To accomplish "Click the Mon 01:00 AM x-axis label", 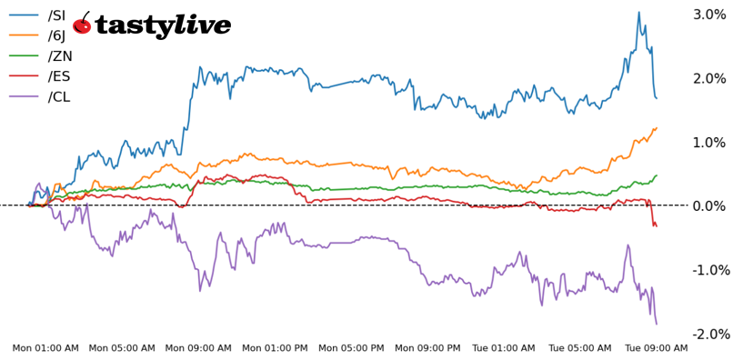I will click(45, 348).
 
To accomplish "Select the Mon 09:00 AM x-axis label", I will click(198, 348).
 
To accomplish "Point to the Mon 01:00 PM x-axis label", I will click(276, 348).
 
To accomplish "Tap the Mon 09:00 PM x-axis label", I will click(428, 348).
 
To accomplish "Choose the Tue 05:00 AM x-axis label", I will click(580, 348).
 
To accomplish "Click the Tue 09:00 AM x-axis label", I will click(657, 348).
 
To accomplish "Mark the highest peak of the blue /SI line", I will click(638, 13).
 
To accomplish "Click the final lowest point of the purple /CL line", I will click(657, 324).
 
